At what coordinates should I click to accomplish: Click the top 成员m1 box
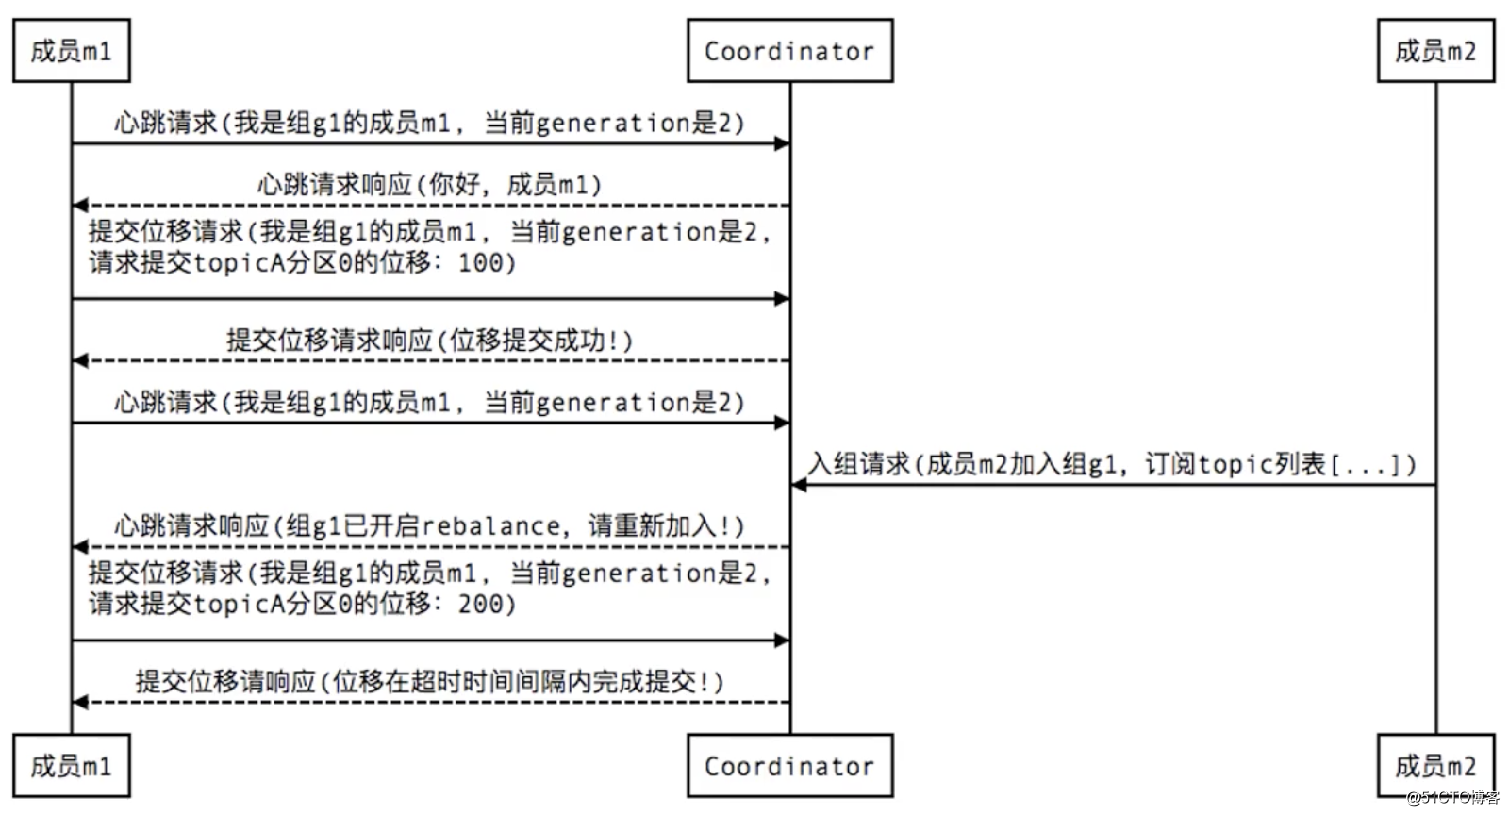pos(71,51)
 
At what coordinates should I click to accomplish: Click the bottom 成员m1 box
pos(71,765)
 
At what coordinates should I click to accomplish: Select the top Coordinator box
pos(789,51)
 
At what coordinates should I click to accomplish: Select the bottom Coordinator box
pos(789,765)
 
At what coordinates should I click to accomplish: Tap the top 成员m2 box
pos(1435,51)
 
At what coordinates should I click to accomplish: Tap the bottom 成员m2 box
pos(1435,765)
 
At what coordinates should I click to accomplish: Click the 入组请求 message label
pos(1112,464)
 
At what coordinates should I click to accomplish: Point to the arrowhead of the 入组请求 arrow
pos(798,485)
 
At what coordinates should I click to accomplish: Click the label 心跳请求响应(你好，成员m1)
pos(429,184)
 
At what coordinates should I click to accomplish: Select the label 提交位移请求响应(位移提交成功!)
pos(429,340)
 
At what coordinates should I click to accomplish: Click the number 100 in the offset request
pos(481,262)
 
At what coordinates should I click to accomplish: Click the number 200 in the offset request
pos(481,604)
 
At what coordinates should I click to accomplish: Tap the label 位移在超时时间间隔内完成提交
pos(514,681)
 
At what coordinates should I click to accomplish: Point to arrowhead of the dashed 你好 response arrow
pos(79,206)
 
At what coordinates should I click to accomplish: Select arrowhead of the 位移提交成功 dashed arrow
pos(79,360)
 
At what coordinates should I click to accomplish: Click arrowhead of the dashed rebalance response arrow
pos(79,547)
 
